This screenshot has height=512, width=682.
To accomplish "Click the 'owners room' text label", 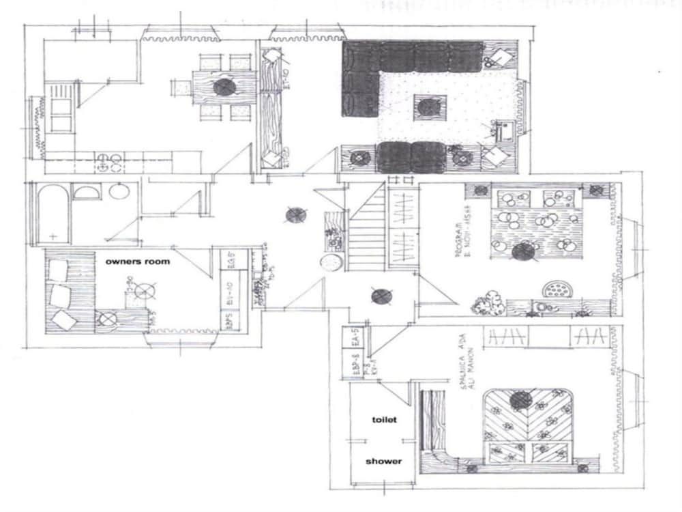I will click(x=137, y=261).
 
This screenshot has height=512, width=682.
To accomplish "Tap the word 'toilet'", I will click(x=383, y=420).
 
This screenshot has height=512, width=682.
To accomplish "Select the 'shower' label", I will click(x=383, y=461).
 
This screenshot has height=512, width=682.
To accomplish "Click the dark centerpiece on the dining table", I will click(x=224, y=87).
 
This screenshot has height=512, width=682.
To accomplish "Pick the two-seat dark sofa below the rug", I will click(x=412, y=156).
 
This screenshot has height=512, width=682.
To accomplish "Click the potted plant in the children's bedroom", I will click(x=487, y=303).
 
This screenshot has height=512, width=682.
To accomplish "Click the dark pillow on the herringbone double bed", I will click(x=521, y=400).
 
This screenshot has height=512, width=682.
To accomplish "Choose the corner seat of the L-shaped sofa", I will click(x=360, y=58).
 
